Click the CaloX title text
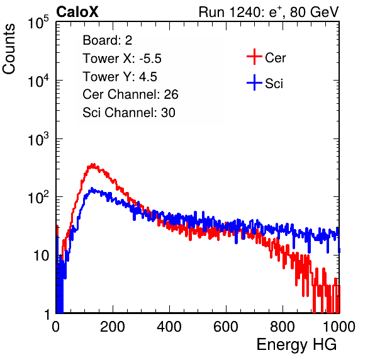(77, 12)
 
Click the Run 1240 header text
(269, 12)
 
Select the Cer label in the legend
(275, 58)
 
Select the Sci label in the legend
(274, 84)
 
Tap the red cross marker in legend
(254, 57)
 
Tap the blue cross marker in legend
(254, 82)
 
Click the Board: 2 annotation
(107, 40)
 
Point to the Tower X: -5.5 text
(122, 59)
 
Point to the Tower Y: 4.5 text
(120, 77)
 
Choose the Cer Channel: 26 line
(130, 94)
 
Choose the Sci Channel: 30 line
(129, 113)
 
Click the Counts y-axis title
(9, 49)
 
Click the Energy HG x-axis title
(296, 345)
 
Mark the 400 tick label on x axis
(169, 327)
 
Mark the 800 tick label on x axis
(283, 327)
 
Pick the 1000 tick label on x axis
(339, 327)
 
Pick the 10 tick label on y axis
(42, 256)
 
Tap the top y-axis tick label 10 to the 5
(38, 22)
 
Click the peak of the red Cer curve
(93, 164)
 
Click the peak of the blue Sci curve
(92, 189)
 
